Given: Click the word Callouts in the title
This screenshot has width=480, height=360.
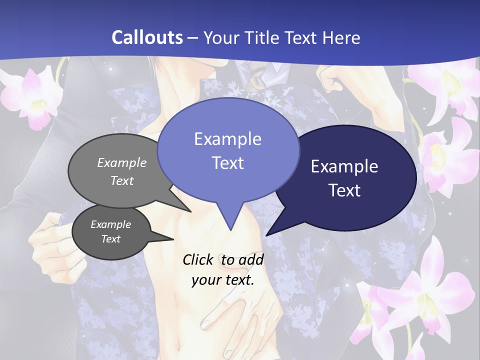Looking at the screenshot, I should click(x=147, y=37).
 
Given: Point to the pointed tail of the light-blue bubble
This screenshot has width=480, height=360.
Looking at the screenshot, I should click(x=230, y=222).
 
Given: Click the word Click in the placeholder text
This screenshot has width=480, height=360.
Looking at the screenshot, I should click(x=198, y=259).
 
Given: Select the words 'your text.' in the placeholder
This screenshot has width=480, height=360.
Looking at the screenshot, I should click(x=223, y=280).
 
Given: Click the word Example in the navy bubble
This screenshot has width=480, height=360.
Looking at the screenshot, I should click(x=344, y=166).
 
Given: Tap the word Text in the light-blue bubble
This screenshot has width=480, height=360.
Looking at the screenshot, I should click(x=228, y=163).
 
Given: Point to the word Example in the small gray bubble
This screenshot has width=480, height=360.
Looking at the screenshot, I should click(x=110, y=224).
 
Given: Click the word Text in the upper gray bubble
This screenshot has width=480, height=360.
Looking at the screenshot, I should click(x=122, y=180).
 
